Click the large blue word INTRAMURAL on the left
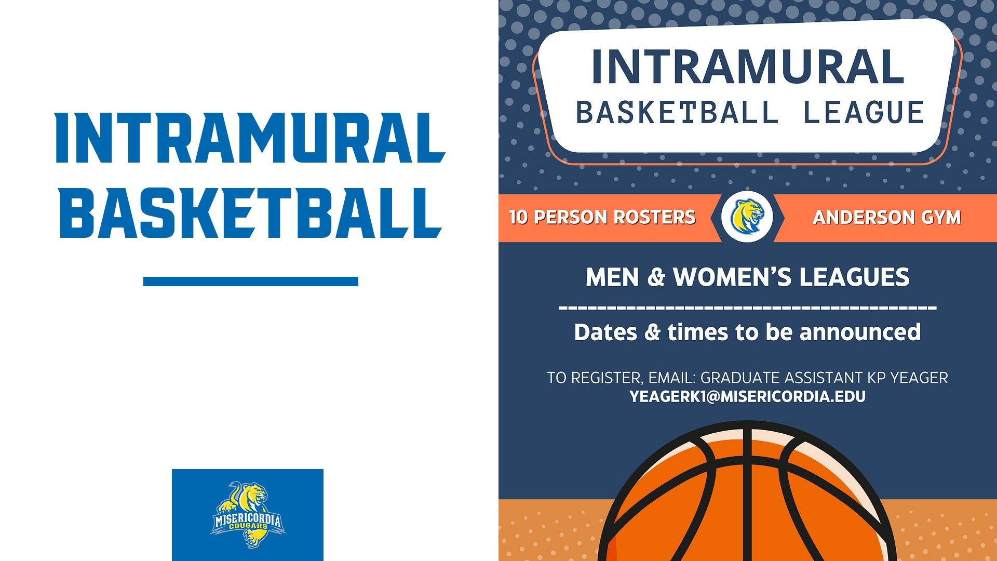pyautogui.click(x=250, y=138)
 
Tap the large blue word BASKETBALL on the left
pyautogui.click(x=250, y=213)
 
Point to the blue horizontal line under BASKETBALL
pyautogui.click(x=250, y=282)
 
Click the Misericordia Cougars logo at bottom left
pyautogui.click(x=248, y=515)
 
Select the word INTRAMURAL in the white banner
pyautogui.click(x=747, y=67)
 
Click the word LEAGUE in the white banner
pyautogui.click(x=864, y=113)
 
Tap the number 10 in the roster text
pyautogui.click(x=518, y=217)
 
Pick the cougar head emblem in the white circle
pyautogui.click(x=747, y=217)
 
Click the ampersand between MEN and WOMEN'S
pyautogui.click(x=656, y=277)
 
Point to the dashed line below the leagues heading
pyautogui.click(x=747, y=308)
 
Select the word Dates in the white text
pyautogui.click(x=605, y=332)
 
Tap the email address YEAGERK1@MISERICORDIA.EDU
pyautogui.click(x=747, y=397)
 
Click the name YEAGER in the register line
pyautogui.click(x=919, y=378)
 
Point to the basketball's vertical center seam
pyautogui.click(x=747, y=493)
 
